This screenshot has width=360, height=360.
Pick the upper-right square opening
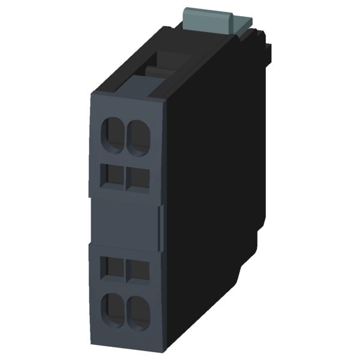[x=139, y=177]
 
